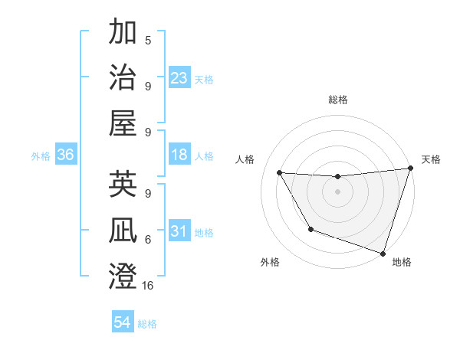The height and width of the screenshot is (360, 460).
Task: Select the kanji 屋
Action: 123,123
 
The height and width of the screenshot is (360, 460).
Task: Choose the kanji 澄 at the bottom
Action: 123,276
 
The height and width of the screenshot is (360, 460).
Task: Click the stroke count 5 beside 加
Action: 148,40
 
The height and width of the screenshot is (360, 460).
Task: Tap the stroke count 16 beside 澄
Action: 148,286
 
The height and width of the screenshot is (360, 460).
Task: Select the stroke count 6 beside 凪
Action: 148,239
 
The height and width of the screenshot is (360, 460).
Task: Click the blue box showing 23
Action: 179,77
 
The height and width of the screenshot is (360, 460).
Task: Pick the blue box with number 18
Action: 179,155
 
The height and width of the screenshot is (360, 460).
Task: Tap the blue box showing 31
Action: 179,231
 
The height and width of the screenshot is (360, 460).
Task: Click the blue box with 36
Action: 66,155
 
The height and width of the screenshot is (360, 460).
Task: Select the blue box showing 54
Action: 123,322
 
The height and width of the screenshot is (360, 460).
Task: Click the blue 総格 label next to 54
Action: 147,324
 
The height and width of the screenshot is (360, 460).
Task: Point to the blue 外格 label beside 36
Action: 41,156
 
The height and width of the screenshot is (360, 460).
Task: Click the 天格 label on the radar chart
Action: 431,159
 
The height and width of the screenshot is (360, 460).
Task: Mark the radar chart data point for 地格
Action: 383,253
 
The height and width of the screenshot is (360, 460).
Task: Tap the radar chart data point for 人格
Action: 280,173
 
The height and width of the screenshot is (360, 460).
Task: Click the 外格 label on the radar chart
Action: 270,262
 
